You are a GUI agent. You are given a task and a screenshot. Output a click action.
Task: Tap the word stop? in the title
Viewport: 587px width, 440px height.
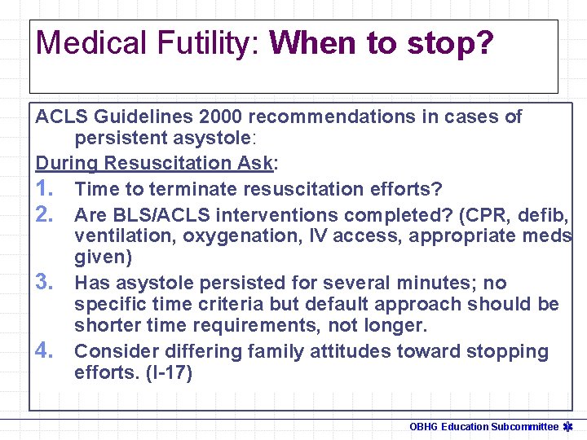(x=452, y=43)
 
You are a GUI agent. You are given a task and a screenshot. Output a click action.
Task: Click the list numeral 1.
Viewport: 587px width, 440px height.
(x=46, y=189)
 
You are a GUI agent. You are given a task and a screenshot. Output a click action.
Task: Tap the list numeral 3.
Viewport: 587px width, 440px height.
(x=46, y=283)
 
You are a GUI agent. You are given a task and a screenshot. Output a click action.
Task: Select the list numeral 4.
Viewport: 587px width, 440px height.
(x=46, y=351)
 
